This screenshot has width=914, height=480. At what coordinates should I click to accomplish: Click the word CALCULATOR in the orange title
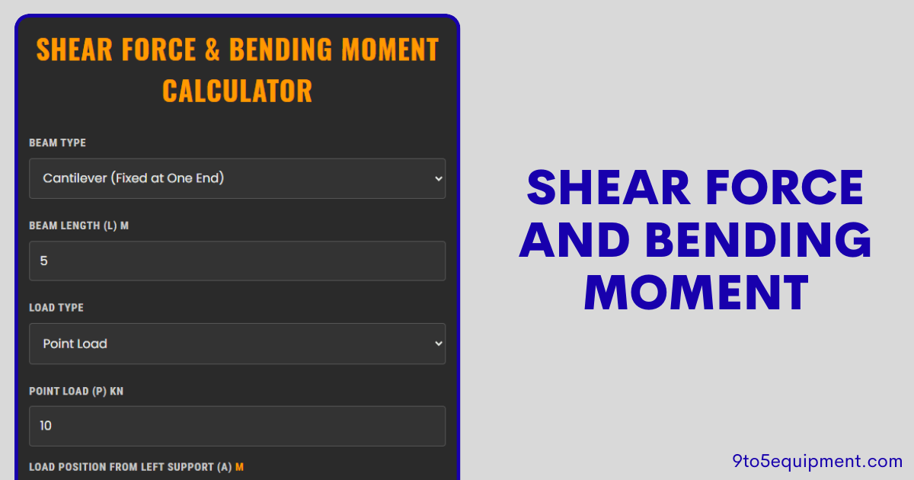[237, 91]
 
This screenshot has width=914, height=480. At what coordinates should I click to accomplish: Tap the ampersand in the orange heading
[212, 50]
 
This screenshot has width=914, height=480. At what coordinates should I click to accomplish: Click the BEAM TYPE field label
[57, 143]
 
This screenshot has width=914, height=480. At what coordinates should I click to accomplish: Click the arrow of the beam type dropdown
[438, 178]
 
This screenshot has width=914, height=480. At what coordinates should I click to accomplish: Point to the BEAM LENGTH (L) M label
[78, 226]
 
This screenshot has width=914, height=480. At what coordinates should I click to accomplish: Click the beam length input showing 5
[237, 261]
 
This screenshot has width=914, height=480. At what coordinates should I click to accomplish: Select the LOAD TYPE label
[56, 308]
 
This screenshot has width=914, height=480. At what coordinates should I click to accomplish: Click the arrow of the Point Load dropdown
[438, 344]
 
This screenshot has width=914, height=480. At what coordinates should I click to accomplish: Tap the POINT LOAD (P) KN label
[76, 391]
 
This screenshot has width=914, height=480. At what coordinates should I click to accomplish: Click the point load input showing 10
[237, 426]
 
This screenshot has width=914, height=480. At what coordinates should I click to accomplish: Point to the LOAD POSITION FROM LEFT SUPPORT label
[130, 466]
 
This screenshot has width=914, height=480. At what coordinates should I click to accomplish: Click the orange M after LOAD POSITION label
[239, 466]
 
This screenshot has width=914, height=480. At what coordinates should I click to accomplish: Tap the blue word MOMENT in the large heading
[695, 293]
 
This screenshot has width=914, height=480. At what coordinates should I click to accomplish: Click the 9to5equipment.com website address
[817, 460]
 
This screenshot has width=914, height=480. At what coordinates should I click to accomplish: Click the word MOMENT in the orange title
[390, 50]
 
